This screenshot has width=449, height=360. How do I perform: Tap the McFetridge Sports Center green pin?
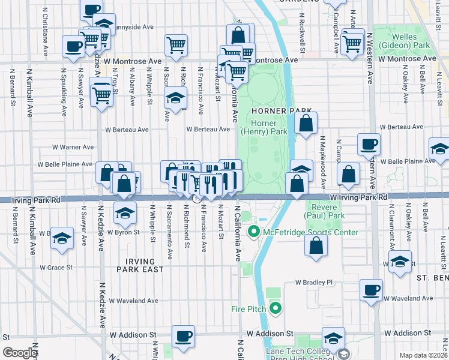pos(253,232)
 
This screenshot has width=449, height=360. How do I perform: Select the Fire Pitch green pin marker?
pos(276,309)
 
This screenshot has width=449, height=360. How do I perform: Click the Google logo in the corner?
pos(20,353)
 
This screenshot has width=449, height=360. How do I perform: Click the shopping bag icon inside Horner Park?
pos(306,124)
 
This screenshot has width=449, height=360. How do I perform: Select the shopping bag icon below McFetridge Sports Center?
pos(316,245)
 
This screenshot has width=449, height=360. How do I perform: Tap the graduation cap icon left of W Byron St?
pos(62,238)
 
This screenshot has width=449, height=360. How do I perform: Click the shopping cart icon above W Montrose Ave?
pos(176,45)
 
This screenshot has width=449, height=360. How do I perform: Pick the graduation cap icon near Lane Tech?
pos(333,338)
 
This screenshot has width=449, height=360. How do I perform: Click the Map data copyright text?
pos(423,355)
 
